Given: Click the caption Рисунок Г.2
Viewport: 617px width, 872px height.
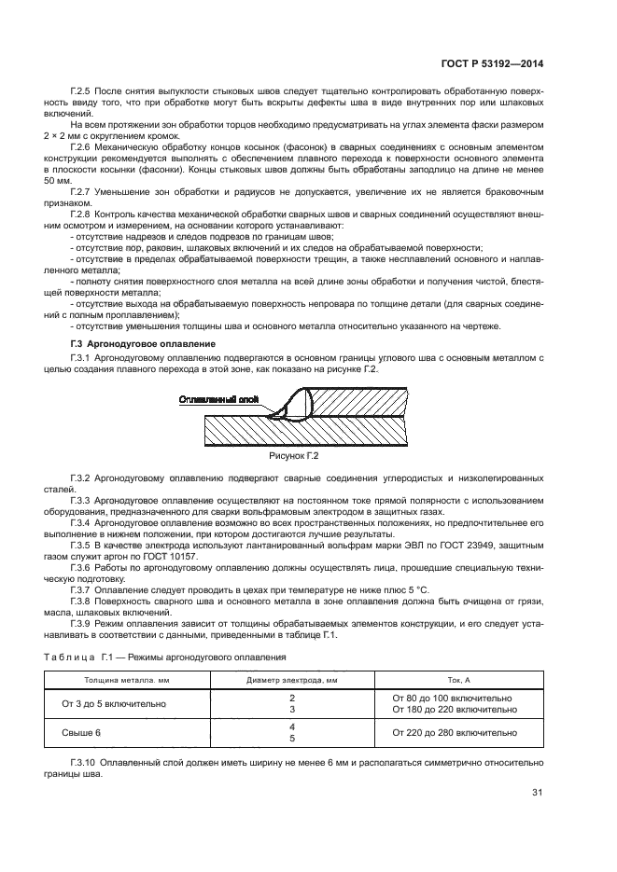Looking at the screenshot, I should pyautogui.click(x=294, y=456).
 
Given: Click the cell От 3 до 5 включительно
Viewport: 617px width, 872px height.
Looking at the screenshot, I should pyautogui.click(x=113, y=703).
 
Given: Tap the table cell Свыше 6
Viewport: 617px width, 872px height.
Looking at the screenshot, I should pyautogui.click(x=81, y=733).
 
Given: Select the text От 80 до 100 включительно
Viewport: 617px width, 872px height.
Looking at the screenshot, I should pyautogui.click(x=452, y=698).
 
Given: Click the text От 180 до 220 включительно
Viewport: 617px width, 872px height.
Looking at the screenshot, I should pyautogui.click(x=455, y=710).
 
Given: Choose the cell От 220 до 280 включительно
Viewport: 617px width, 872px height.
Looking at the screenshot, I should pyautogui.click(x=455, y=733).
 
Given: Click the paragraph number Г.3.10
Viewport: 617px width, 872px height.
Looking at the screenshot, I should pyautogui.click(x=85, y=763).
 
